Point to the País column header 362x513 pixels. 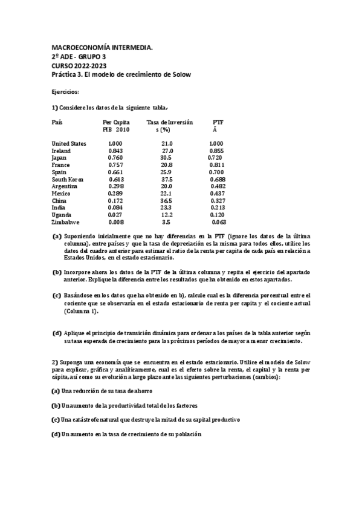[x=57, y=122]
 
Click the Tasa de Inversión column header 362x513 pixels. [x=170, y=122]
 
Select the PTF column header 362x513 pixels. [x=219, y=122]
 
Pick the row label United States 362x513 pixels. [x=69, y=143]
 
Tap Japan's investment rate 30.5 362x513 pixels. [x=166, y=158]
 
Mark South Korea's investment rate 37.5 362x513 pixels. [x=167, y=180]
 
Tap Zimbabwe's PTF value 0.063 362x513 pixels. [x=219, y=222]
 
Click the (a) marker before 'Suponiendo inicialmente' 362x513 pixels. [x=57, y=236]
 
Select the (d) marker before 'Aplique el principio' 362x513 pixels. [x=57, y=333]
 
